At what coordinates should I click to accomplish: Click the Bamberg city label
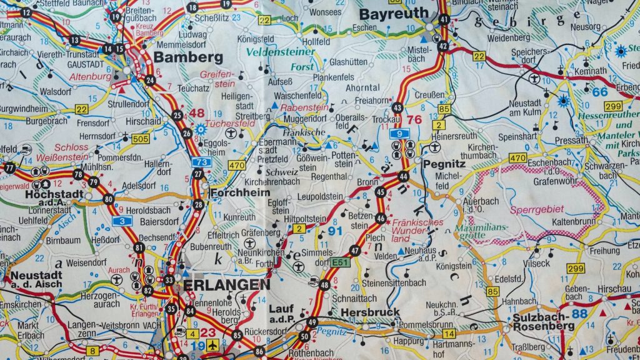click(x=187, y=57)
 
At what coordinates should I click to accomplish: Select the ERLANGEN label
click(x=226, y=285)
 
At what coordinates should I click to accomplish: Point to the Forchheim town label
click(x=236, y=192)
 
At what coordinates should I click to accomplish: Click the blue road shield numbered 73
click(x=200, y=162)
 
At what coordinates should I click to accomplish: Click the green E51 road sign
click(x=341, y=262)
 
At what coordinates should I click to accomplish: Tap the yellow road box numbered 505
click(x=141, y=139)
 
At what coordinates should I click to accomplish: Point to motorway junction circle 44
click(x=403, y=177)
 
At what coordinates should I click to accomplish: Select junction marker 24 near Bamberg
click(x=150, y=79)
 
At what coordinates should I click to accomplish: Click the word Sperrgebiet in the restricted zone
click(x=537, y=209)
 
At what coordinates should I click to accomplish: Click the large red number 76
click(x=414, y=120)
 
